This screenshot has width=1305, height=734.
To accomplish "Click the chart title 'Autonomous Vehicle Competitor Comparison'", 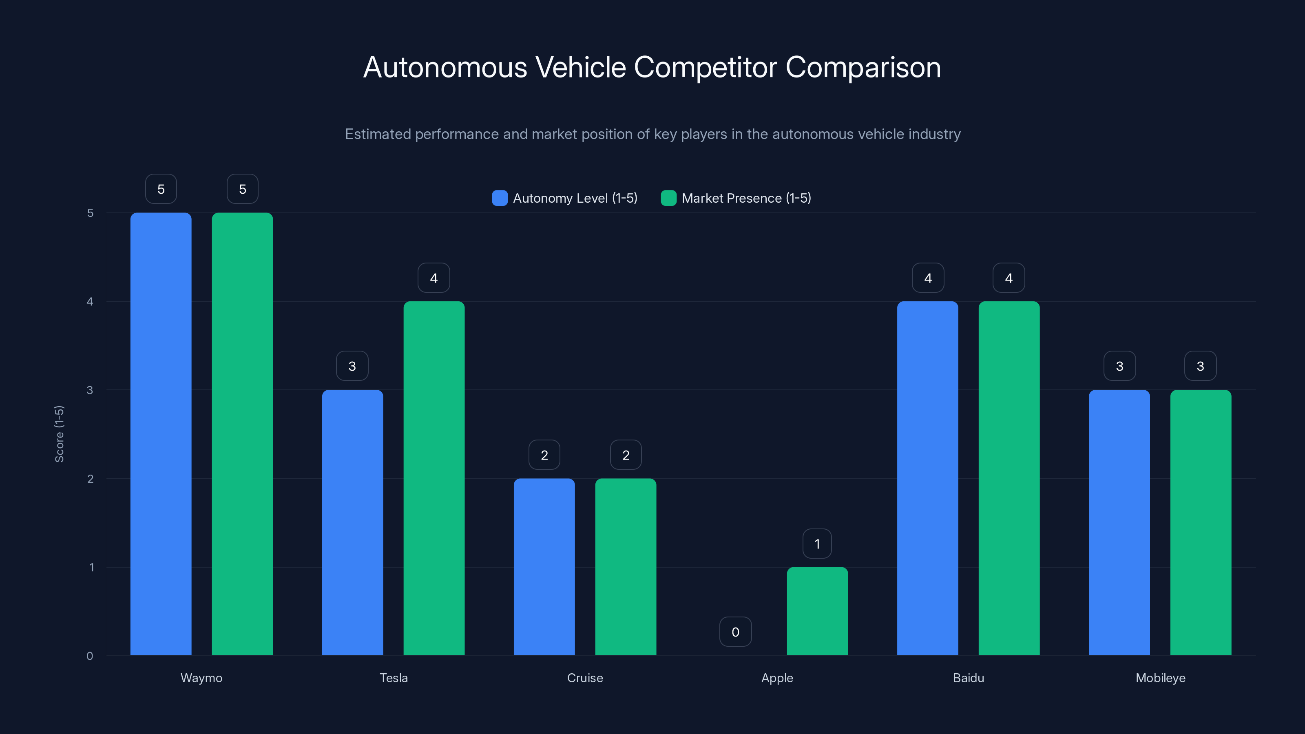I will pyautogui.click(x=652, y=67).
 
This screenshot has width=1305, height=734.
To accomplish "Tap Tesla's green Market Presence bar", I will pyautogui.click(x=434, y=478).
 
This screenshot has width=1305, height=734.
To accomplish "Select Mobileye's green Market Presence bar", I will pyautogui.click(x=1200, y=522).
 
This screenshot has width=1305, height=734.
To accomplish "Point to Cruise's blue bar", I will pyautogui.click(x=544, y=566).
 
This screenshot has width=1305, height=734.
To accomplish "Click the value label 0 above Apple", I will pyautogui.click(x=735, y=632).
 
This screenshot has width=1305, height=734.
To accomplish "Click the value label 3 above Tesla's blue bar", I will pyautogui.click(x=352, y=366).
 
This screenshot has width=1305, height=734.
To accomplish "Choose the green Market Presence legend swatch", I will pyautogui.click(x=668, y=198).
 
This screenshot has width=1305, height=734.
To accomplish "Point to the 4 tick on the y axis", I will pyautogui.click(x=90, y=301).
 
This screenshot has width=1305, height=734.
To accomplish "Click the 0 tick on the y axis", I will pyautogui.click(x=90, y=656).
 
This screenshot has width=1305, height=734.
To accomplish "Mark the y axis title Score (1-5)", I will pyautogui.click(x=59, y=433).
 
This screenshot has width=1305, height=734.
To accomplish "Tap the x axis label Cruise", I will pyautogui.click(x=585, y=678).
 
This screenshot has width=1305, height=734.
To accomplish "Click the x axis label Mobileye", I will pyautogui.click(x=1160, y=678).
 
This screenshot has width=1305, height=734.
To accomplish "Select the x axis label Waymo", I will pyautogui.click(x=201, y=678).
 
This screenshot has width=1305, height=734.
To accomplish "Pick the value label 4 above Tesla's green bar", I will pyautogui.click(x=434, y=278).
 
